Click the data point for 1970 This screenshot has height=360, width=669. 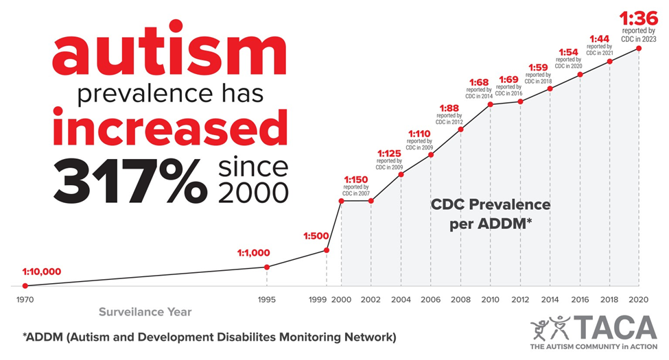25,286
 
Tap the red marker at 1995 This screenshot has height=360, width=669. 267,267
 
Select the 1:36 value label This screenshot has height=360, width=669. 639,19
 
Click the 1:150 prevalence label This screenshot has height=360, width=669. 356,180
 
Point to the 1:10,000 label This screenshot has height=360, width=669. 42,272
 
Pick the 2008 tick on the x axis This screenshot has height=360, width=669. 461,300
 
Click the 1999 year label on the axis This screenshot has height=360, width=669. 318,300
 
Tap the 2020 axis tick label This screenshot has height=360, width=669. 638,300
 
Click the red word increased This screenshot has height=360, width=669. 170,127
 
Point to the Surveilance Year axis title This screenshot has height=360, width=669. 145,312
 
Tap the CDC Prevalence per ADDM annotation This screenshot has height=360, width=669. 491,214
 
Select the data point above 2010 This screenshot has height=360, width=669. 490,104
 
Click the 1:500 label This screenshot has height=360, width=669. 316,236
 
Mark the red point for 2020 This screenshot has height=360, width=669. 639,49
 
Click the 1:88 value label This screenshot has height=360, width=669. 449,108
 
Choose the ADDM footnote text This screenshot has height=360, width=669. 209,337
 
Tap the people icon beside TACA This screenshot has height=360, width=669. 550,328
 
